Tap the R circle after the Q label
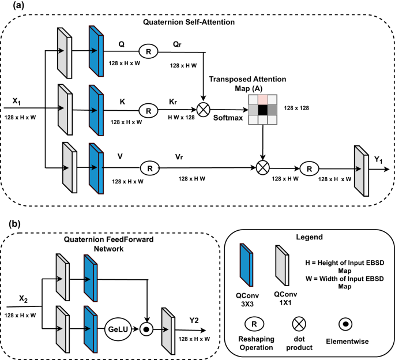pyautogui.click(x=149, y=51)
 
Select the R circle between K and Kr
pyautogui.click(x=149, y=108)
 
